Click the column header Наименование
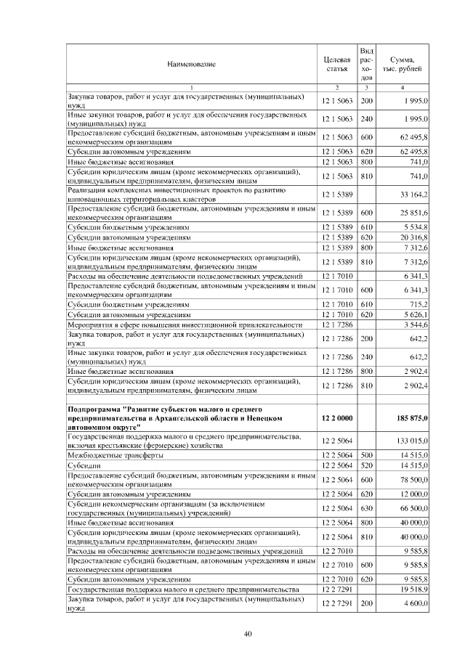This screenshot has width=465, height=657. (191, 65)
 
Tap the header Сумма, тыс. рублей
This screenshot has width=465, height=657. (402, 65)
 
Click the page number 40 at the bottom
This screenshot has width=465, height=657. (247, 634)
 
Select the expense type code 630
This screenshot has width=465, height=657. (367, 508)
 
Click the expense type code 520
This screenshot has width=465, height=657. (367, 465)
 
